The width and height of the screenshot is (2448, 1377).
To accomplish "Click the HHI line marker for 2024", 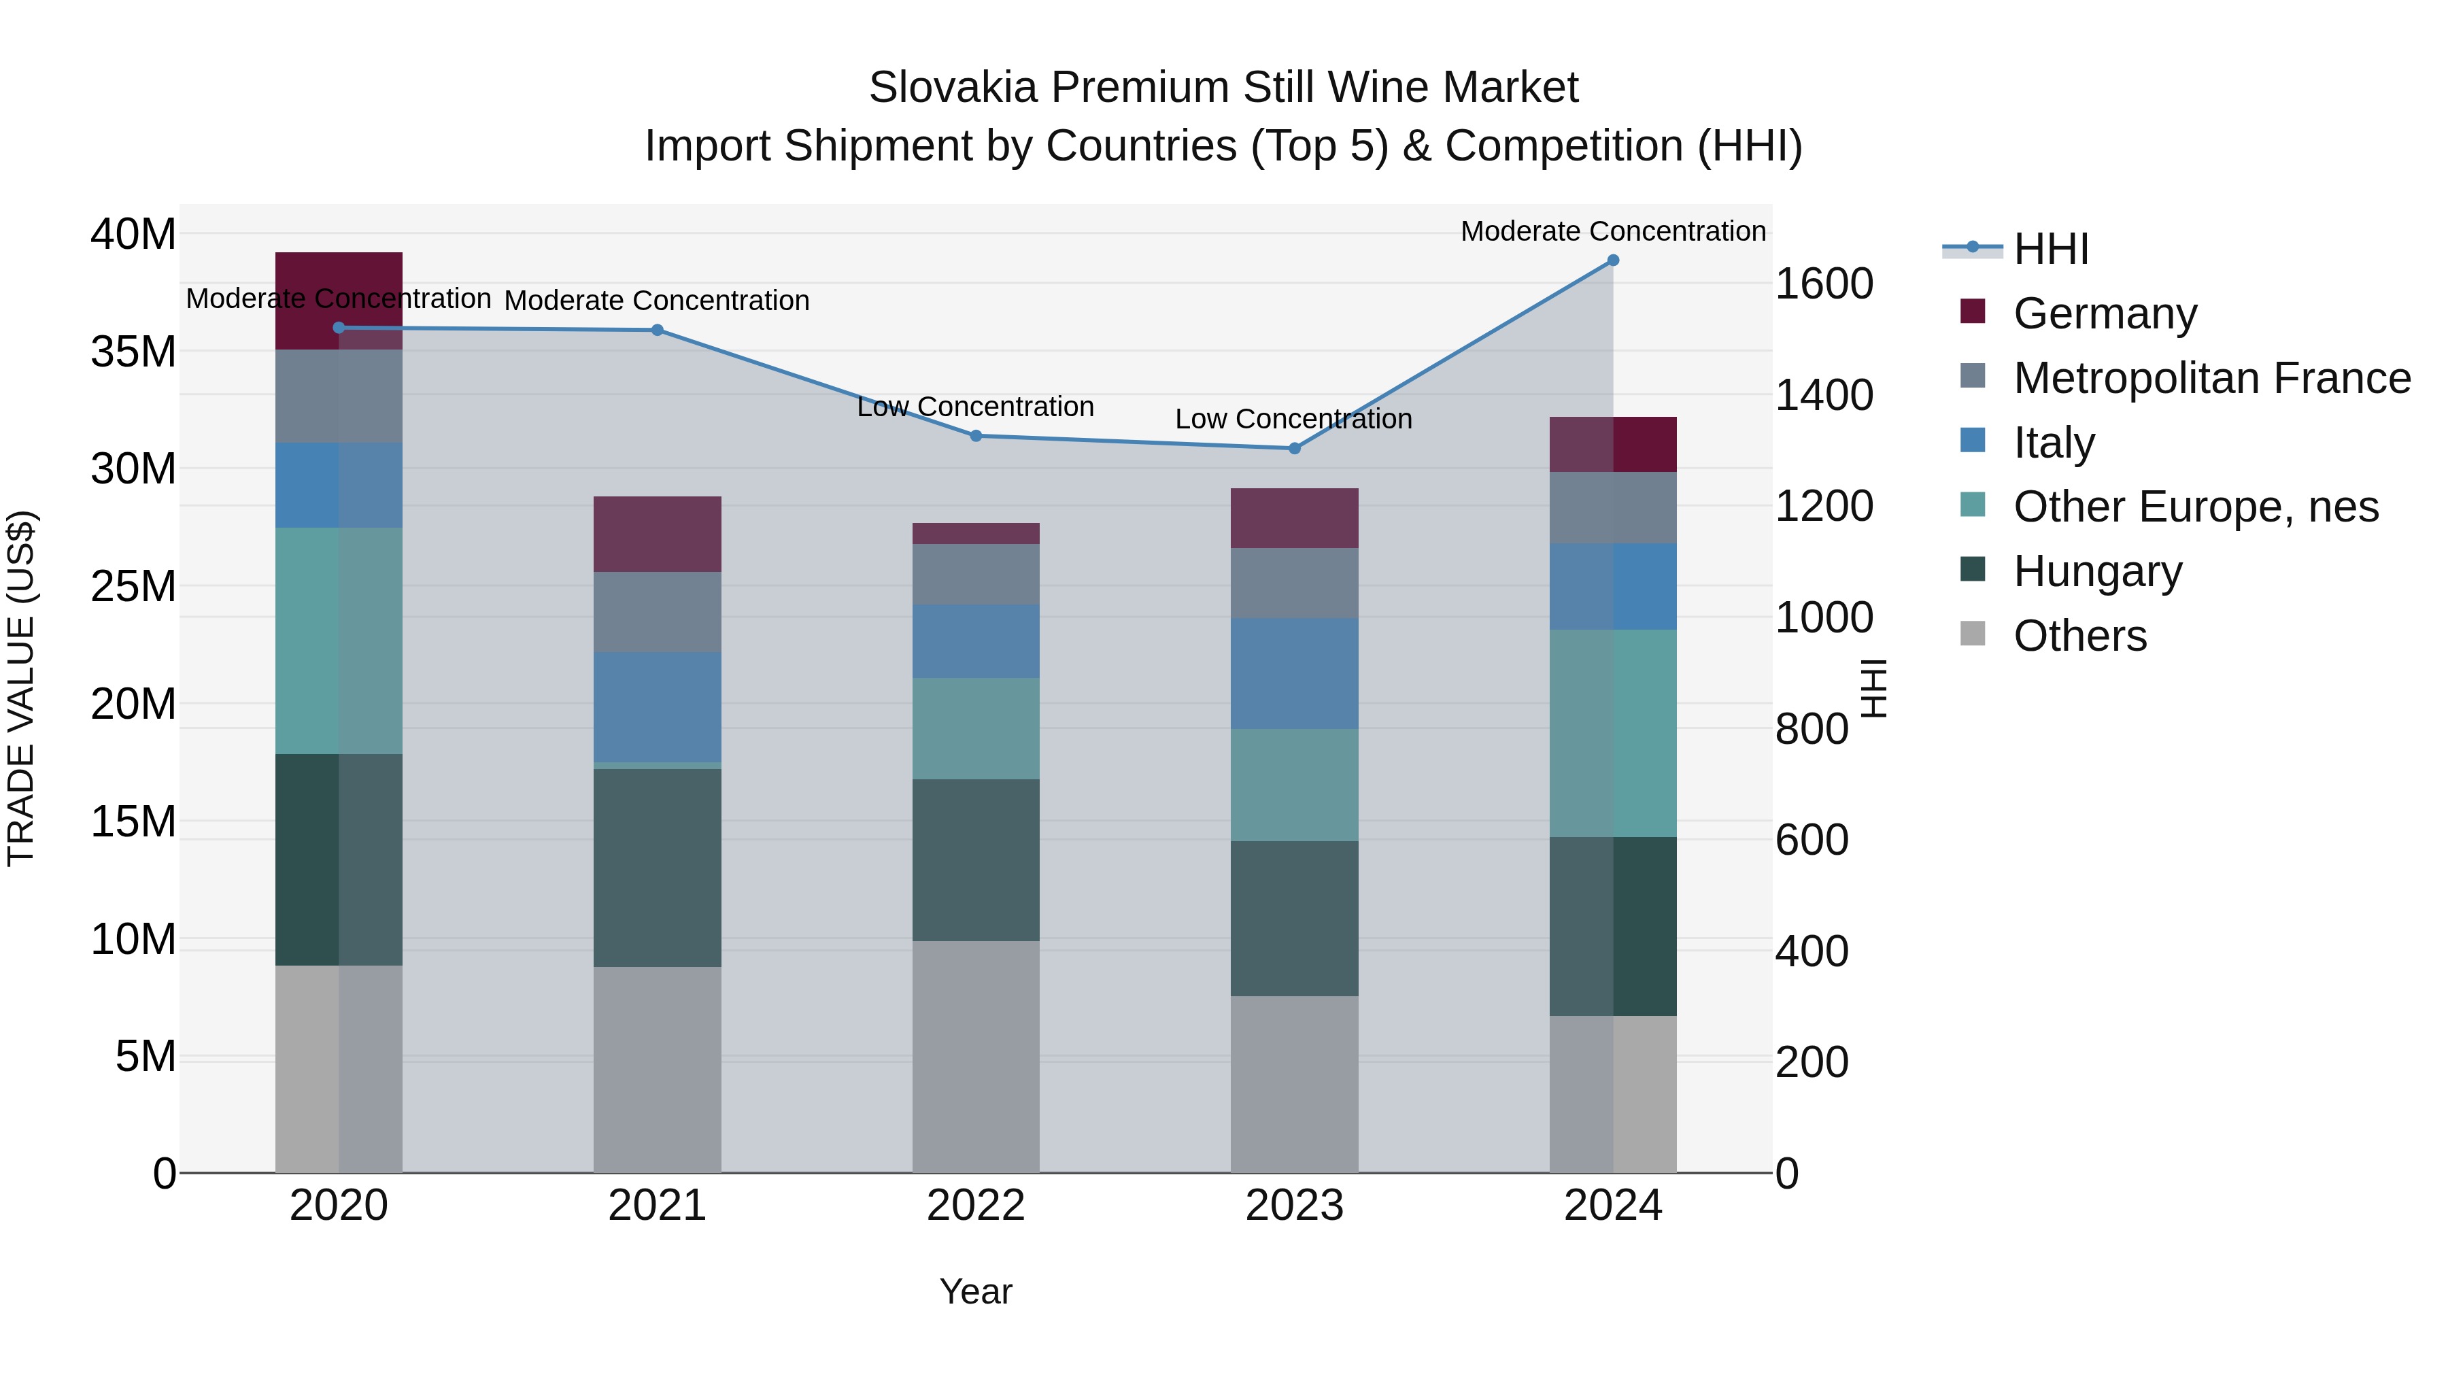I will click(x=1613, y=260).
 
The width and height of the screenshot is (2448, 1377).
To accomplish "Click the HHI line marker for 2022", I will click(x=976, y=436).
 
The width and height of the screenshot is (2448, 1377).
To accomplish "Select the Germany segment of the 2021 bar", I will click(x=657, y=534).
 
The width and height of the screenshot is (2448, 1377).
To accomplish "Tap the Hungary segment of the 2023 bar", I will click(x=1294, y=919).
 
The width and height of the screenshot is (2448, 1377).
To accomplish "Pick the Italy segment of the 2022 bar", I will click(x=976, y=641).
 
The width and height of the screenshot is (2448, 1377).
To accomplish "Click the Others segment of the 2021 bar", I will click(x=657, y=1069).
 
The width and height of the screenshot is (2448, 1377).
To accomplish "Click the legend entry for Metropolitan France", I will click(x=2211, y=378).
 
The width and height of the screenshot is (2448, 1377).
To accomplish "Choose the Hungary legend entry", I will click(x=2096, y=571).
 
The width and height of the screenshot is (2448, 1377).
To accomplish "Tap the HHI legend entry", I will click(x=2050, y=249).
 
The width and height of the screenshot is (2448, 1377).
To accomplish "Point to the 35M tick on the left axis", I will click(x=133, y=352).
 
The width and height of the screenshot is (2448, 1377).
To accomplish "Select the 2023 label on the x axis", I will click(x=1294, y=1206).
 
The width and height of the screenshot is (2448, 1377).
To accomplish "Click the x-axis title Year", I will click(x=976, y=1291).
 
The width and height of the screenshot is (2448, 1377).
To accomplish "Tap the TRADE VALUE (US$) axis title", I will click(x=21, y=688).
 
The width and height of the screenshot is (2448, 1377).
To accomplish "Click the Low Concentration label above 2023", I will click(x=1293, y=419).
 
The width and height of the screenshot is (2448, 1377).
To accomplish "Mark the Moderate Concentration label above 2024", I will click(x=1613, y=231).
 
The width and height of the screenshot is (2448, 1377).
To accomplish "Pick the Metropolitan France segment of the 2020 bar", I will click(x=339, y=396).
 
